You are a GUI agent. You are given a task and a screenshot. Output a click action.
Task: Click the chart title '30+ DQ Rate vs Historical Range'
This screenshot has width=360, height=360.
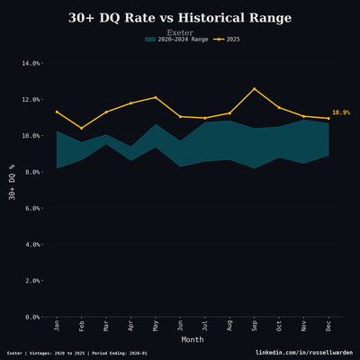tap(180, 18)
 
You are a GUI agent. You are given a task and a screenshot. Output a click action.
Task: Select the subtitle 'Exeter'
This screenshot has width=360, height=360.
tap(180, 32)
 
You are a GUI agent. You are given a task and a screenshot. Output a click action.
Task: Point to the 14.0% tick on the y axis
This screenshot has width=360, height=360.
tap(30, 63)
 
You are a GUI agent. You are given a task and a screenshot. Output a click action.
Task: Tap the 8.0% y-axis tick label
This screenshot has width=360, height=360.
tap(31, 172)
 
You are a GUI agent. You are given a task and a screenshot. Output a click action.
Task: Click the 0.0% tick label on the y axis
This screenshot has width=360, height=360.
tap(31, 317)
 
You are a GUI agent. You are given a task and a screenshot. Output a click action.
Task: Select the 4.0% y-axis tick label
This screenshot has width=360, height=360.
tap(31, 245)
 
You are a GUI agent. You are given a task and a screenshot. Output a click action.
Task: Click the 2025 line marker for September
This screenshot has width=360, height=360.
tap(255, 88)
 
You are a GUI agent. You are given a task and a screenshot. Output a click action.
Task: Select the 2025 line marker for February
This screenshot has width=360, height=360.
tap(82, 128)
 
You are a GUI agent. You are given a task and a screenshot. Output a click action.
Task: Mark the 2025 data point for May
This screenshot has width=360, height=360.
tap(156, 97)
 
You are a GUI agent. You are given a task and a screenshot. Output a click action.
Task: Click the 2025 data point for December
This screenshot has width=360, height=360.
tap(328, 118)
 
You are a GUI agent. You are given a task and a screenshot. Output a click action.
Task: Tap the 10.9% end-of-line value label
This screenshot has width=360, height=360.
tap(341, 113)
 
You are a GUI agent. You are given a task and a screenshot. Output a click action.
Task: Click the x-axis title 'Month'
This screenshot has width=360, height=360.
tap(193, 340)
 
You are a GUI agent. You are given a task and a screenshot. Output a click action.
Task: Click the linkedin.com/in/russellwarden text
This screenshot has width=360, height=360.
tap(303, 353)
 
